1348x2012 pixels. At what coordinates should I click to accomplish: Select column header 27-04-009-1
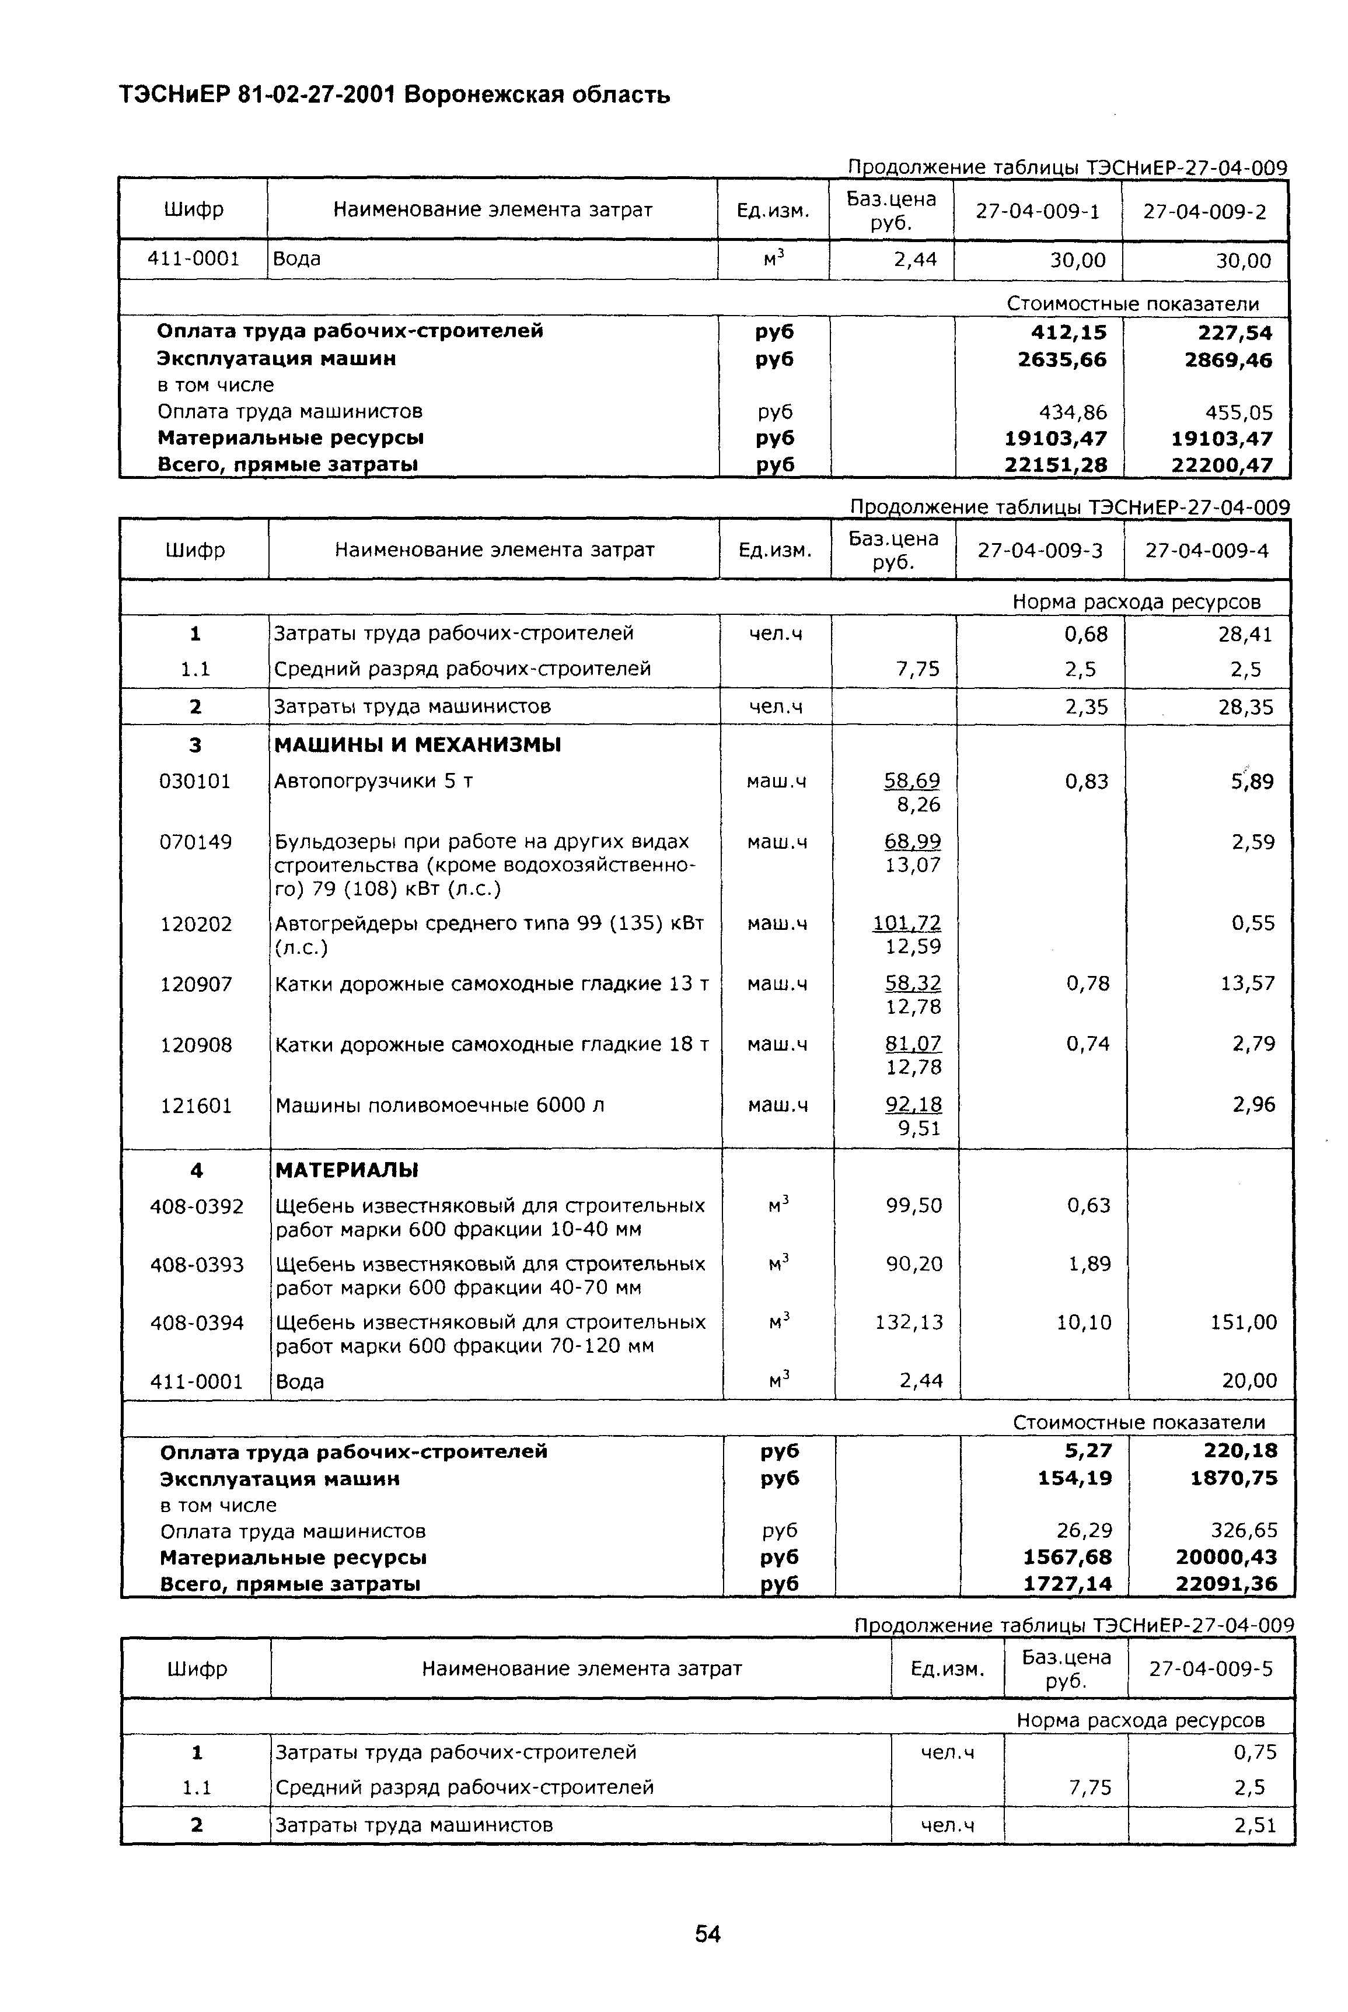1037,211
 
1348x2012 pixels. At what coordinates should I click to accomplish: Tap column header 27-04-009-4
1206,550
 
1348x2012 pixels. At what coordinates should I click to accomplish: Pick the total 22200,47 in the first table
1221,466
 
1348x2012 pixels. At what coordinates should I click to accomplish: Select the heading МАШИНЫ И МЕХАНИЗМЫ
417,744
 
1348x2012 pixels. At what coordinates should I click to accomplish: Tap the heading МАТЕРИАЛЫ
347,1170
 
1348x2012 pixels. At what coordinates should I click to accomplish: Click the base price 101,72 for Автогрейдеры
907,923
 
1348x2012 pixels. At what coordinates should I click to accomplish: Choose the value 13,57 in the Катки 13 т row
1248,983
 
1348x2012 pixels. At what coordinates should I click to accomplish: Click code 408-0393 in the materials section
197,1264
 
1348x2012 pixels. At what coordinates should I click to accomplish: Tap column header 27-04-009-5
1210,1668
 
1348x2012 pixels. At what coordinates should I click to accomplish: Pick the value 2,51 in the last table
1255,1825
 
